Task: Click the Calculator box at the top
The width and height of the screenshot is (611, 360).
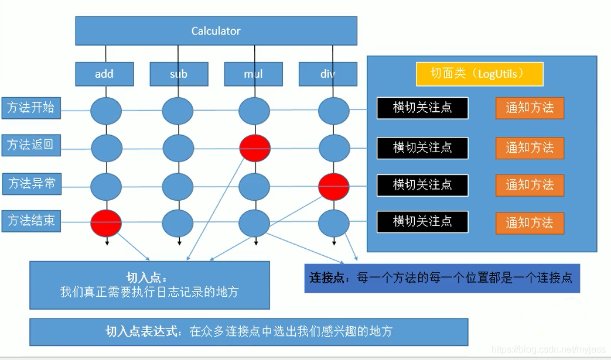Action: click(216, 31)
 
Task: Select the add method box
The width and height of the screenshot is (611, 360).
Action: click(104, 74)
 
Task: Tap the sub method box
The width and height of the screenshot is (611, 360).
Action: click(179, 74)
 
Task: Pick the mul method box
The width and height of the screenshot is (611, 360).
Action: click(253, 74)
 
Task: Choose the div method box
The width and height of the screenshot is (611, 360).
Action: click(327, 74)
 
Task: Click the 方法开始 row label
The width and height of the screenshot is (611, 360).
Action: click(31, 108)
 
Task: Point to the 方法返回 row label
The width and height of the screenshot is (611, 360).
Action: click(31, 145)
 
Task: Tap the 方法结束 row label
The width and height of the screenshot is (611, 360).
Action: click(32, 221)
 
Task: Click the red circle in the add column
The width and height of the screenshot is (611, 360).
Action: click(106, 223)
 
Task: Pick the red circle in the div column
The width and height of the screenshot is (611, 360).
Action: click(334, 186)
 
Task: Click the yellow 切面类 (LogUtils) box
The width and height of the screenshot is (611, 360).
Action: click(479, 74)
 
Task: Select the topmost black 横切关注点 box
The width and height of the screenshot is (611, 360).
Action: click(422, 108)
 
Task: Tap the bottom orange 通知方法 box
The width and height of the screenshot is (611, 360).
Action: click(530, 223)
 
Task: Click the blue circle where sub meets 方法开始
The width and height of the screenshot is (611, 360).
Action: click(178, 110)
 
